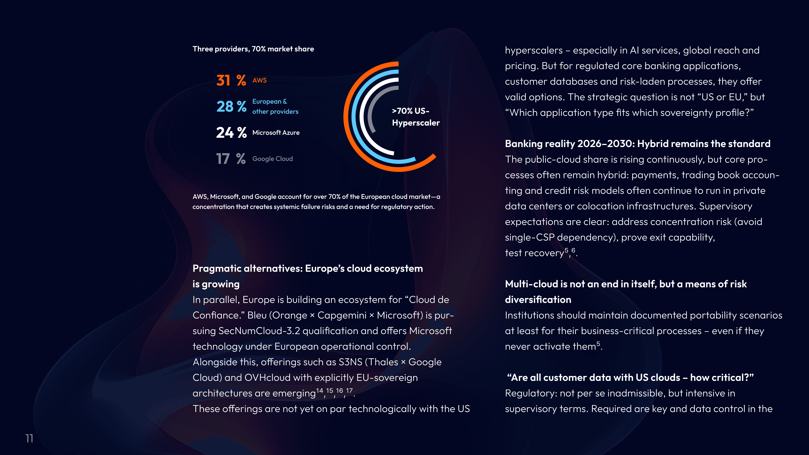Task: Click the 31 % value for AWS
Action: pos(231,80)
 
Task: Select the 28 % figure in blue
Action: pos(231,106)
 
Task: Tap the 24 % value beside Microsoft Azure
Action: pos(231,132)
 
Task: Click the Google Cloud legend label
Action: pos(272,159)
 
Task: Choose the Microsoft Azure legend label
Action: pos(276,132)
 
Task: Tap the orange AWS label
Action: pos(259,80)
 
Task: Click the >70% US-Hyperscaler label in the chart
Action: pos(415,117)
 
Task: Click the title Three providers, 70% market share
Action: pos(253,49)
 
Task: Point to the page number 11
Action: pos(29,438)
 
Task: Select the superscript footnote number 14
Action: pos(319,391)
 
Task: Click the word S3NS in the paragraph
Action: pos(350,362)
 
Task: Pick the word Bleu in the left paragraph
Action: pos(257,315)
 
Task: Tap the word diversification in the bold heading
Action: pos(538,300)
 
